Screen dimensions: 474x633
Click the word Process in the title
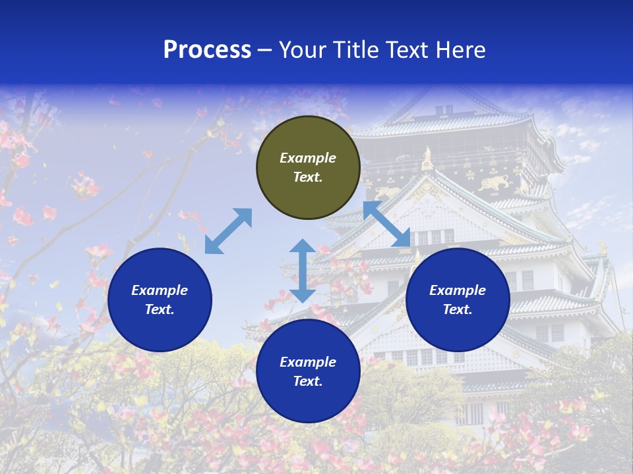(x=207, y=50)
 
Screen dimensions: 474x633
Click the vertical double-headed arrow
(x=303, y=271)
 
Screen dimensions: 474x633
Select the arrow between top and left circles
(x=229, y=231)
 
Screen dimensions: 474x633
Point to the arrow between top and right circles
(x=387, y=224)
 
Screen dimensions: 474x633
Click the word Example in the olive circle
(x=308, y=158)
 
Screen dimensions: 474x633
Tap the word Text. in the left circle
(x=160, y=309)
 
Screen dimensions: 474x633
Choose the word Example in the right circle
(x=458, y=290)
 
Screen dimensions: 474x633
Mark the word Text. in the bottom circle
(x=308, y=381)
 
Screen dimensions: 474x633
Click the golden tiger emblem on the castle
(x=494, y=184)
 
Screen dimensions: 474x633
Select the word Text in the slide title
(x=407, y=50)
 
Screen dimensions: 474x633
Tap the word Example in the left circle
(x=160, y=290)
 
